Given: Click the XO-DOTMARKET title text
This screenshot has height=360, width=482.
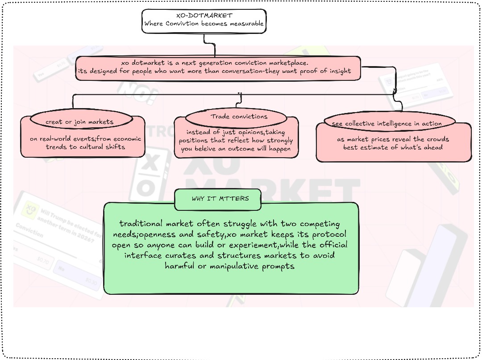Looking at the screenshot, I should coord(204,16).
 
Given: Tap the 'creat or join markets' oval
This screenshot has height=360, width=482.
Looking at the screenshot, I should coord(79,121).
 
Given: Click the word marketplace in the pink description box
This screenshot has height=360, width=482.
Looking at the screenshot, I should coord(285,63).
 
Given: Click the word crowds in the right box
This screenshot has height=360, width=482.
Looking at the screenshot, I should coord(438,139).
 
